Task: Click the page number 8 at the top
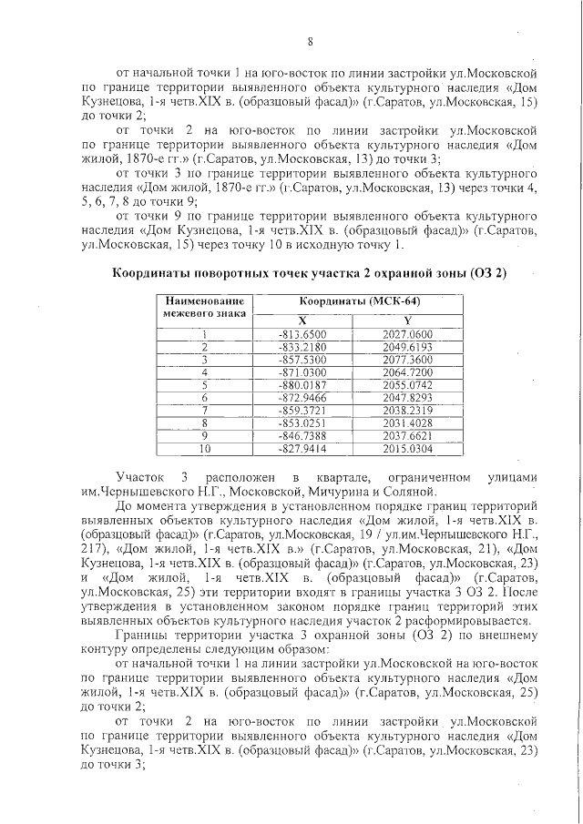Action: click(310, 41)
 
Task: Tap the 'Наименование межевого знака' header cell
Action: click(204, 307)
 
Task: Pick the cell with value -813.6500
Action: click(302, 334)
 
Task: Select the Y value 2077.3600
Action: click(406, 360)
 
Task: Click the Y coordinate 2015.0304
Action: click(406, 449)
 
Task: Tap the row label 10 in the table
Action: click(204, 449)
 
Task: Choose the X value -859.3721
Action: click(302, 411)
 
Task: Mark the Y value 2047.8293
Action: click(406, 398)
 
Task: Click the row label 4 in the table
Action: click(204, 372)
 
